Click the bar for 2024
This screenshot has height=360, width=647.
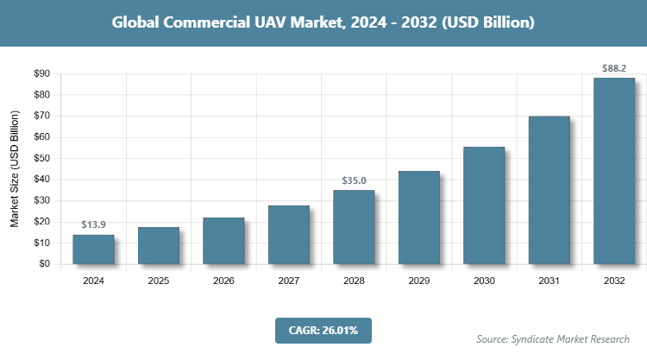coord(93,249)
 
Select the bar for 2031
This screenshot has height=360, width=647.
coord(550,189)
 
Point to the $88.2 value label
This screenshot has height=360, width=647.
coord(614,66)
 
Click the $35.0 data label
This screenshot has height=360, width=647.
coord(354,180)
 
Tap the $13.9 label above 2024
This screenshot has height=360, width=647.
coord(93,224)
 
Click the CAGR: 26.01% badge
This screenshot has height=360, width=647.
coord(323,330)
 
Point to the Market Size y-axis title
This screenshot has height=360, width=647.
coord(15,169)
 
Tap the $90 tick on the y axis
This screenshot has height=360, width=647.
coord(40,73)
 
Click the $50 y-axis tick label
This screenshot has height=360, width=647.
coord(40,158)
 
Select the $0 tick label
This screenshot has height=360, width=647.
coord(43,264)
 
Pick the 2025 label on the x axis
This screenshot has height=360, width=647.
coord(159,281)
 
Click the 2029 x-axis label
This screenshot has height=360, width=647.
coord(419,281)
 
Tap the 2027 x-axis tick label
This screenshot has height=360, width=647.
coord(289,281)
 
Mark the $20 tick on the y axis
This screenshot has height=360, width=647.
coord(40,222)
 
